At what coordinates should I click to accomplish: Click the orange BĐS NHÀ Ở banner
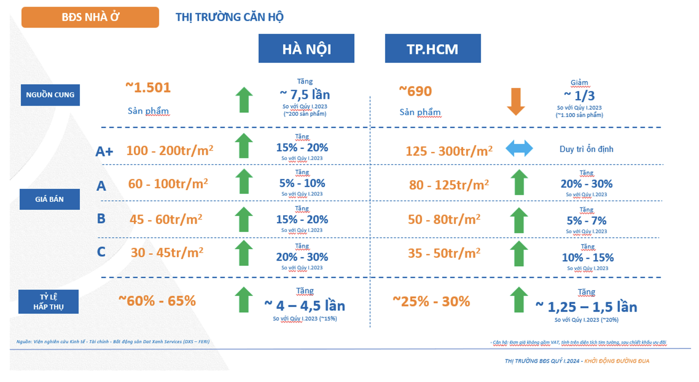click(90, 17)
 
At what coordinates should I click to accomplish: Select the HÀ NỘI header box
click(306, 49)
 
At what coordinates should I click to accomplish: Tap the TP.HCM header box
click(432, 49)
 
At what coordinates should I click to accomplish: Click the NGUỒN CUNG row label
click(50, 95)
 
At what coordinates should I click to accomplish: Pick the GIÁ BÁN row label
click(50, 199)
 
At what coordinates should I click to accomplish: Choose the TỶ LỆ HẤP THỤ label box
click(49, 301)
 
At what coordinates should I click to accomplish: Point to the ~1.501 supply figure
click(148, 88)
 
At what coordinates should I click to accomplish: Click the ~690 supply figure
click(415, 91)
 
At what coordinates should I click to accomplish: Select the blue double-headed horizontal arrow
click(519, 149)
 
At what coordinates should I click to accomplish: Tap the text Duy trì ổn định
click(586, 149)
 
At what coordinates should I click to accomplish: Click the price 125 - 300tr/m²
click(449, 150)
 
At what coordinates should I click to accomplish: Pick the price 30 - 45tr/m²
click(167, 252)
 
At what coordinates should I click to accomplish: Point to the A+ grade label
click(104, 151)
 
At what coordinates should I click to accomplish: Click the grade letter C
click(101, 251)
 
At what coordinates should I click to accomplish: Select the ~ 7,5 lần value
click(305, 95)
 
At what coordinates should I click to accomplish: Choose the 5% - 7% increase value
click(586, 220)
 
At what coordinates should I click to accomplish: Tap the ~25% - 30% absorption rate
click(431, 301)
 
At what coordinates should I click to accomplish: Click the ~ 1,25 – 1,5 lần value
click(586, 307)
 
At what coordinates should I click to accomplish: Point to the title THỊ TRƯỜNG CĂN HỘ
click(229, 17)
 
